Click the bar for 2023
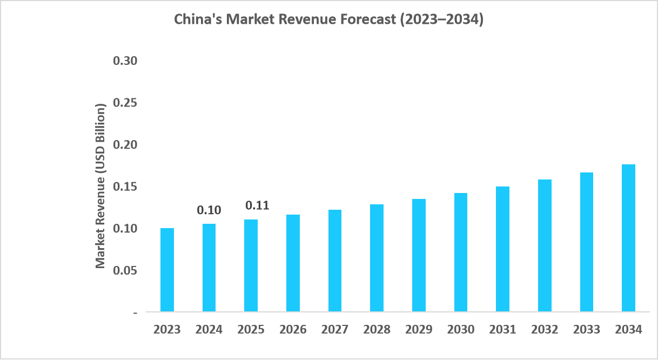pyautogui.click(x=167, y=270)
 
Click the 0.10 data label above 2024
pyautogui.click(x=209, y=210)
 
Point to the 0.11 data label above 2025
pyautogui.click(x=257, y=205)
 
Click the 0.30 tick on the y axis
pyautogui.click(x=125, y=61)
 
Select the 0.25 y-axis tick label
pyautogui.click(x=125, y=103)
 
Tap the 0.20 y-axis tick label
pyautogui.click(x=125, y=145)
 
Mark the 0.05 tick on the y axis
pyautogui.click(x=125, y=270)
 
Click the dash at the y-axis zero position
pyautogui.click(x=135, y=312)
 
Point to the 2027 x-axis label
pyautogui.click(x=335, y=330)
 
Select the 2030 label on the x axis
pyautogui.click(x=461, y=330)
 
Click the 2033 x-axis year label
pyautogui.click(x=586, y=330)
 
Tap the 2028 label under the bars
pyautogui.click(x=377, y=330)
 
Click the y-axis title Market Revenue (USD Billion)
pyautogui.click(x=100, y=185)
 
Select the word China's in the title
pyautogui.click(x=198, y=20)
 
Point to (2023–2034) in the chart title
pyautogui.click(x=440, y=20)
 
